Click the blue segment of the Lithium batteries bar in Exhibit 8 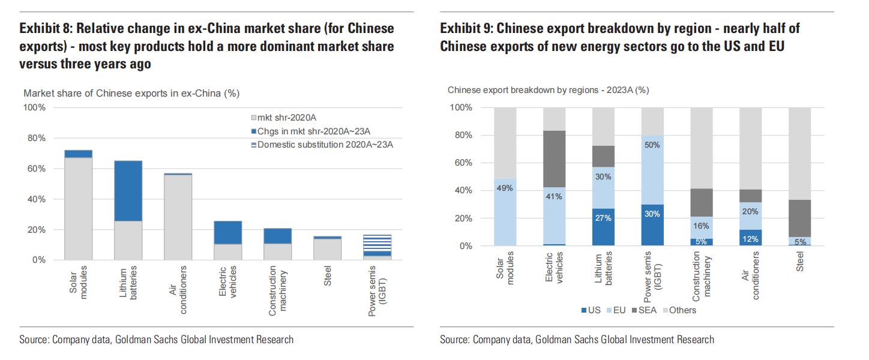pos(128,191)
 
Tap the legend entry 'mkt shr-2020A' pos(286,118)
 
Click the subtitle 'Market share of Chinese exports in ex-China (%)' pos(131,93)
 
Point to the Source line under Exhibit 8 pos(157,340)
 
